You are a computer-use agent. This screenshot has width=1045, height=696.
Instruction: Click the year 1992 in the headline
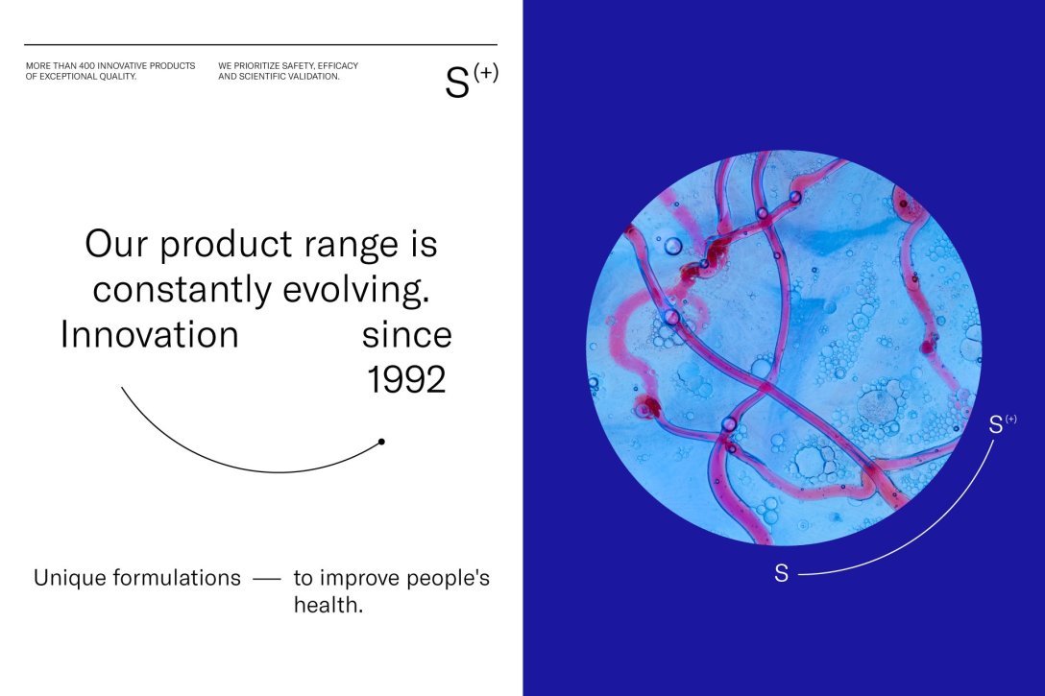pyautogui.click(x=406, y=379)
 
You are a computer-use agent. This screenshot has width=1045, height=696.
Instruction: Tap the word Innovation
pyautogui.click(x=149, y=334)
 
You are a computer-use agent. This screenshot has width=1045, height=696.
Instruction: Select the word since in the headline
pyautogui.click(x=406, y=335)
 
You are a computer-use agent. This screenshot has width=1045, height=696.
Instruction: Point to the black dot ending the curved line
pyautogui.click(x=381, y=442)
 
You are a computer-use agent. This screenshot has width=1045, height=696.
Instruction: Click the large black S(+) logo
pyautogui.click(x=472, y=81)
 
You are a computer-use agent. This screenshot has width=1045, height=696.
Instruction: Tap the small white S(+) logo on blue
pyautogui.click(x=1003, y=423)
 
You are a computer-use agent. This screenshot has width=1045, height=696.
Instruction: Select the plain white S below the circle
pyautogui.click(x=781, y=573)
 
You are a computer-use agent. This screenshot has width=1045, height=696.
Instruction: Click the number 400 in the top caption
pyautogui.click(x=87, y=66)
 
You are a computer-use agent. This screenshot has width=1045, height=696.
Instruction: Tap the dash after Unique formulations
pyautogui.click(x=267, y=580)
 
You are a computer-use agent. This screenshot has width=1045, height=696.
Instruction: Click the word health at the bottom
pyautogui.click(x=328, y=605)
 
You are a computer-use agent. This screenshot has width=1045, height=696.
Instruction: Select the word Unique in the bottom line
pyautogui.click(x=70, y=578)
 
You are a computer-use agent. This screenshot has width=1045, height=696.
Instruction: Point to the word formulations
pyautogui.click(x=177, y=578)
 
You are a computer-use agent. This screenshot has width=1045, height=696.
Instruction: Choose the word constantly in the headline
pyautogui.click(x=182, y=289)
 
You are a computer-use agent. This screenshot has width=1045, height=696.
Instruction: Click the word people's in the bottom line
pyautogui.click(x=448, y=578)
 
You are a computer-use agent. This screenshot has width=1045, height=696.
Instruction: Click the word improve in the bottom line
pyautogui.click(x=360, y=578)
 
